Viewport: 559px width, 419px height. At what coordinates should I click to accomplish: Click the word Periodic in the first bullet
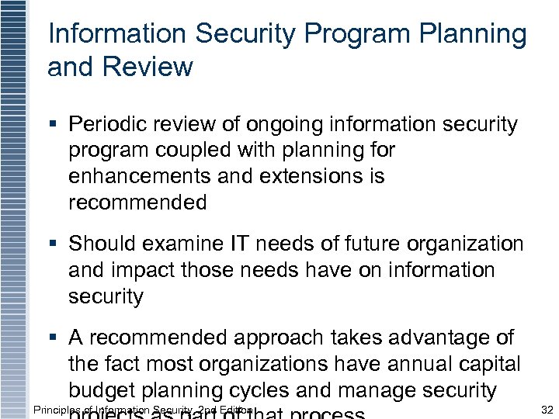click(x=106, y=125)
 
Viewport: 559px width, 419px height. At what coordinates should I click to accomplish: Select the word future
click(x=387, y=244)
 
